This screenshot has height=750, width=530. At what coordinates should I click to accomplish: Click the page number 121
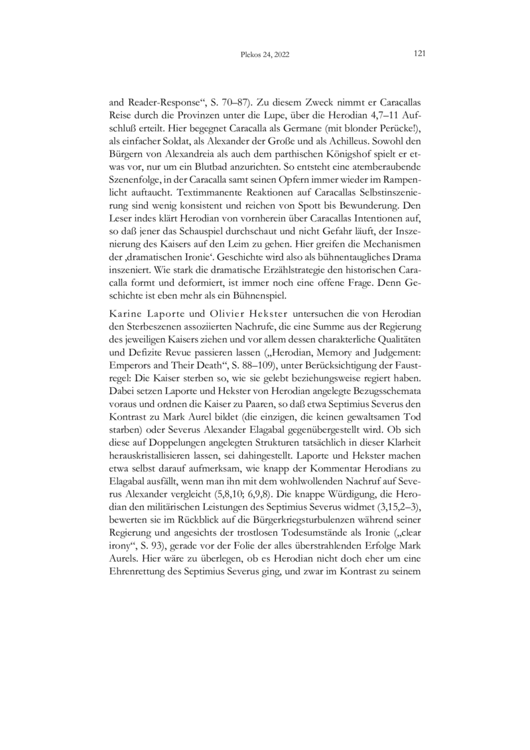coord(418,54)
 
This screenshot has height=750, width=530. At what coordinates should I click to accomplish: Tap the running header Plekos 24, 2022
coord(265,55)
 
